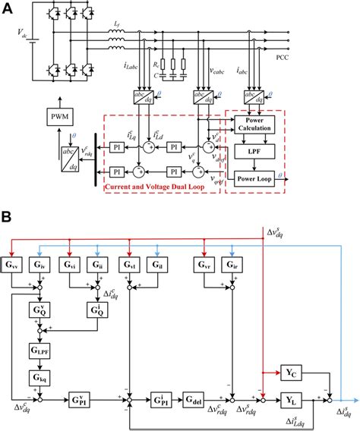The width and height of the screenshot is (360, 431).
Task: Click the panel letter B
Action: (8, 215)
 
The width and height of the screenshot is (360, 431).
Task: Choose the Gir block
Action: (231, 265)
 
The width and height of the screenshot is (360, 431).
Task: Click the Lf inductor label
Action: (116, 26)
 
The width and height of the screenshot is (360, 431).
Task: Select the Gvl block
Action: (130, 265)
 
